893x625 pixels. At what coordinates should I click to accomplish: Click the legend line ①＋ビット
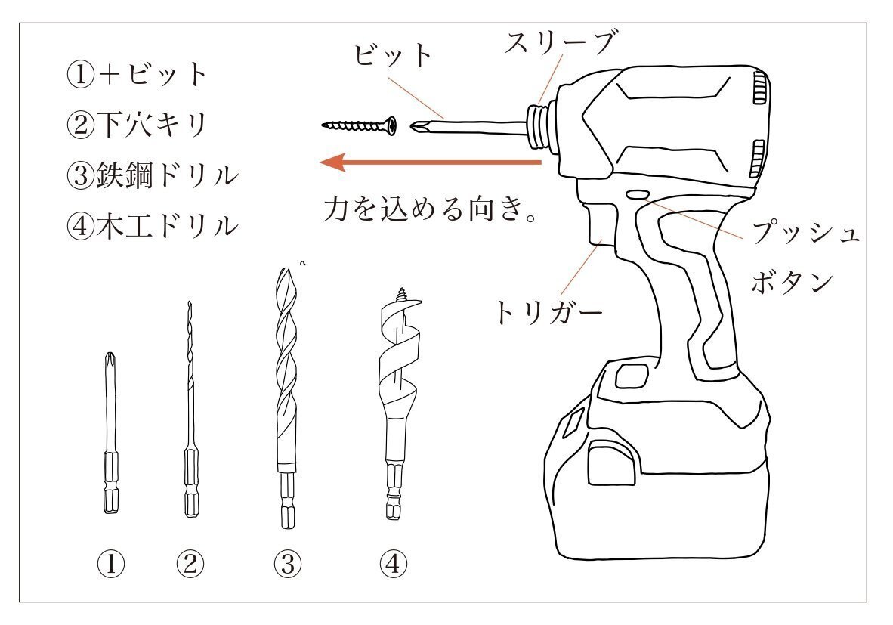138,74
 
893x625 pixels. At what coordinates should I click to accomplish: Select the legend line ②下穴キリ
138,125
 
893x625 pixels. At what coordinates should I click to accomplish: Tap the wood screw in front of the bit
359,125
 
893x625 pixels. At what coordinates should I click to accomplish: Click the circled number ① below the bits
111,562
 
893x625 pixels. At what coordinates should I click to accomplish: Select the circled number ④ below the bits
394,562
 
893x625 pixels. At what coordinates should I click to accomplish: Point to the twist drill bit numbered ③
285,378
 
